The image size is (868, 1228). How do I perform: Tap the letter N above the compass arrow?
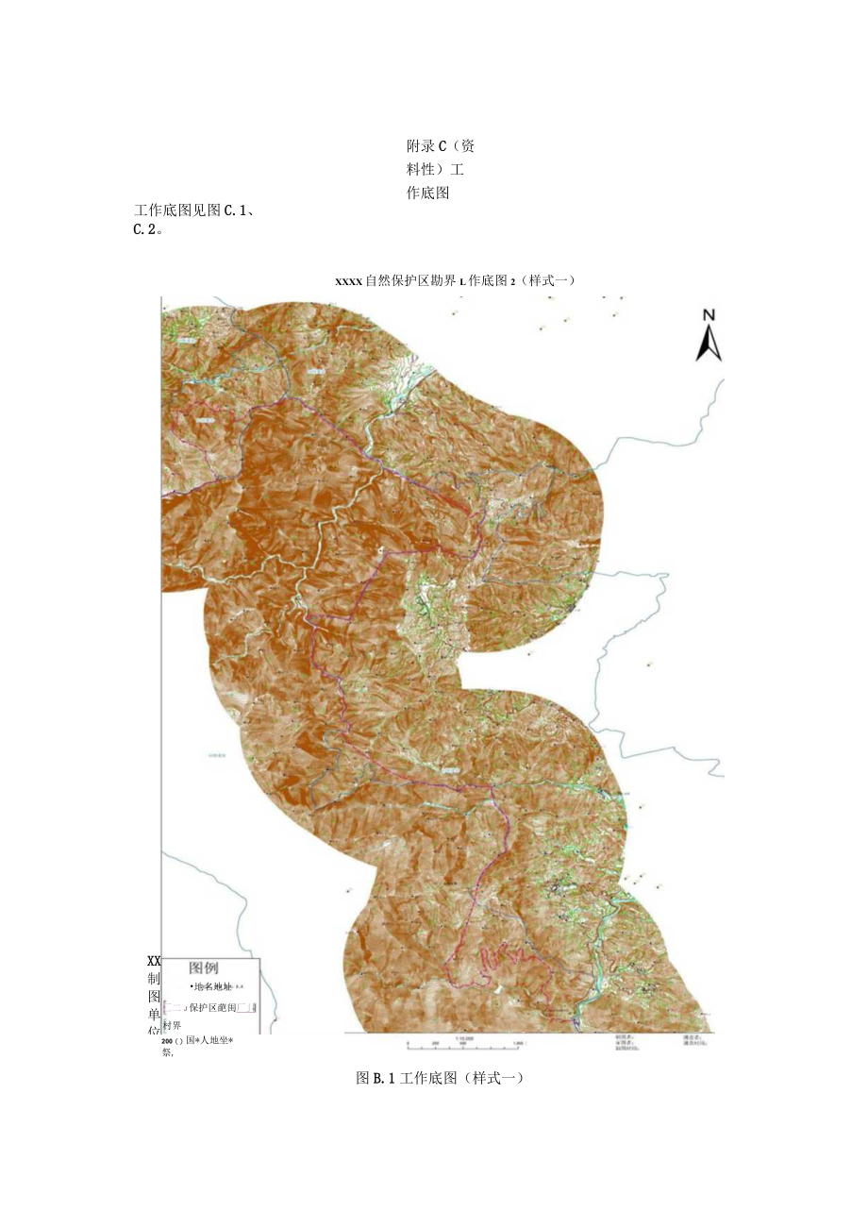(x=709, y=316)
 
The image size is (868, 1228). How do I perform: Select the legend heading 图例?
(x=204, y=967)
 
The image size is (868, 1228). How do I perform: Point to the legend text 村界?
(x=172, y=1025)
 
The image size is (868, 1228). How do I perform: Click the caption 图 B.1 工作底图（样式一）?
(x=439, y=1077)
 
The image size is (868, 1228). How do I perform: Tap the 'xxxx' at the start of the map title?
(x=348, y=280)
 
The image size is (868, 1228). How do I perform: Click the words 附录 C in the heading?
(x=426, y=146)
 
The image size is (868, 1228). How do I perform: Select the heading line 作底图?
(x=427, y=193)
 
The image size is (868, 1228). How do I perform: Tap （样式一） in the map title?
(x=545, y=280)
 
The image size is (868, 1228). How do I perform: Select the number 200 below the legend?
(x=172, y=1041)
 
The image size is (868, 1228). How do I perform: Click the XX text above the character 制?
(x=155, y=959)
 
